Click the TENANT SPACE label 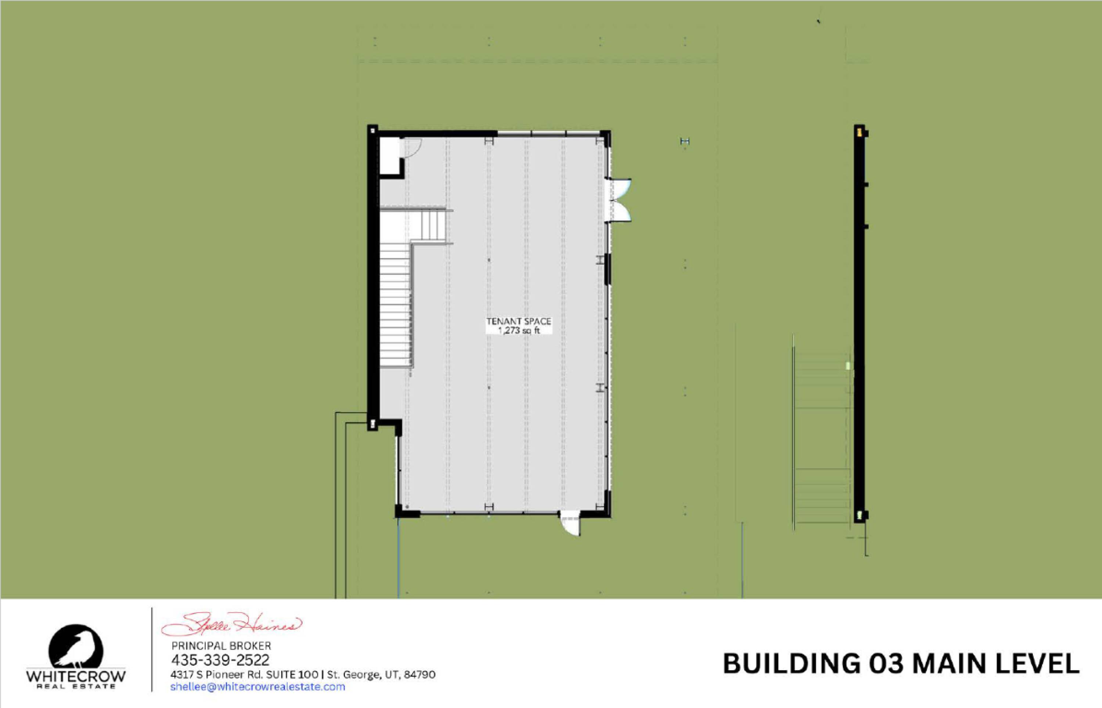tap(519, 321)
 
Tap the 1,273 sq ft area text tap(519, 330)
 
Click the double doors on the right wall tap(619, 201)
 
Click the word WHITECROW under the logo tap(76, 677)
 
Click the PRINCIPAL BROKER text tap(221, 646)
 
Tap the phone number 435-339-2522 tap(220, 660)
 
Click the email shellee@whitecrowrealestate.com tap(258, 687)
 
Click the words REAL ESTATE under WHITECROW tap(76, 687)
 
